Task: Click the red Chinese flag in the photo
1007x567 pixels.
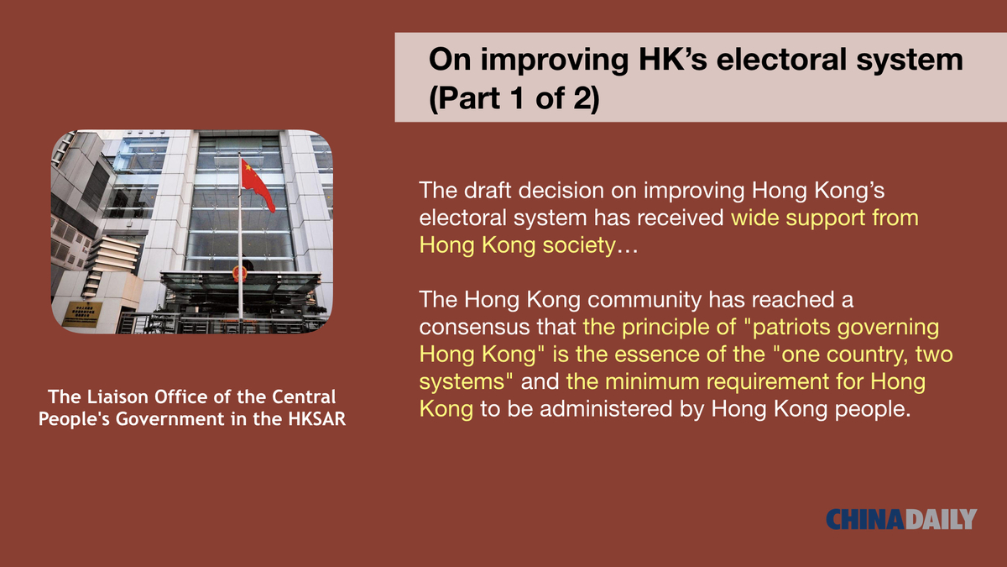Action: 257,185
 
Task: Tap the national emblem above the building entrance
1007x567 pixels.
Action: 240,274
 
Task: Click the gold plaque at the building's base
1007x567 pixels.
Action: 84,312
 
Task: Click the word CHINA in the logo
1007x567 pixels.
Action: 865,519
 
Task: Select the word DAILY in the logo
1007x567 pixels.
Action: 941,519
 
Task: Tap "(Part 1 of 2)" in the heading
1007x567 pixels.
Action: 514,98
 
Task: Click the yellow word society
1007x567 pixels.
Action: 579,245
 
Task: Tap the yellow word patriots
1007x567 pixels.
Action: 791,327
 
